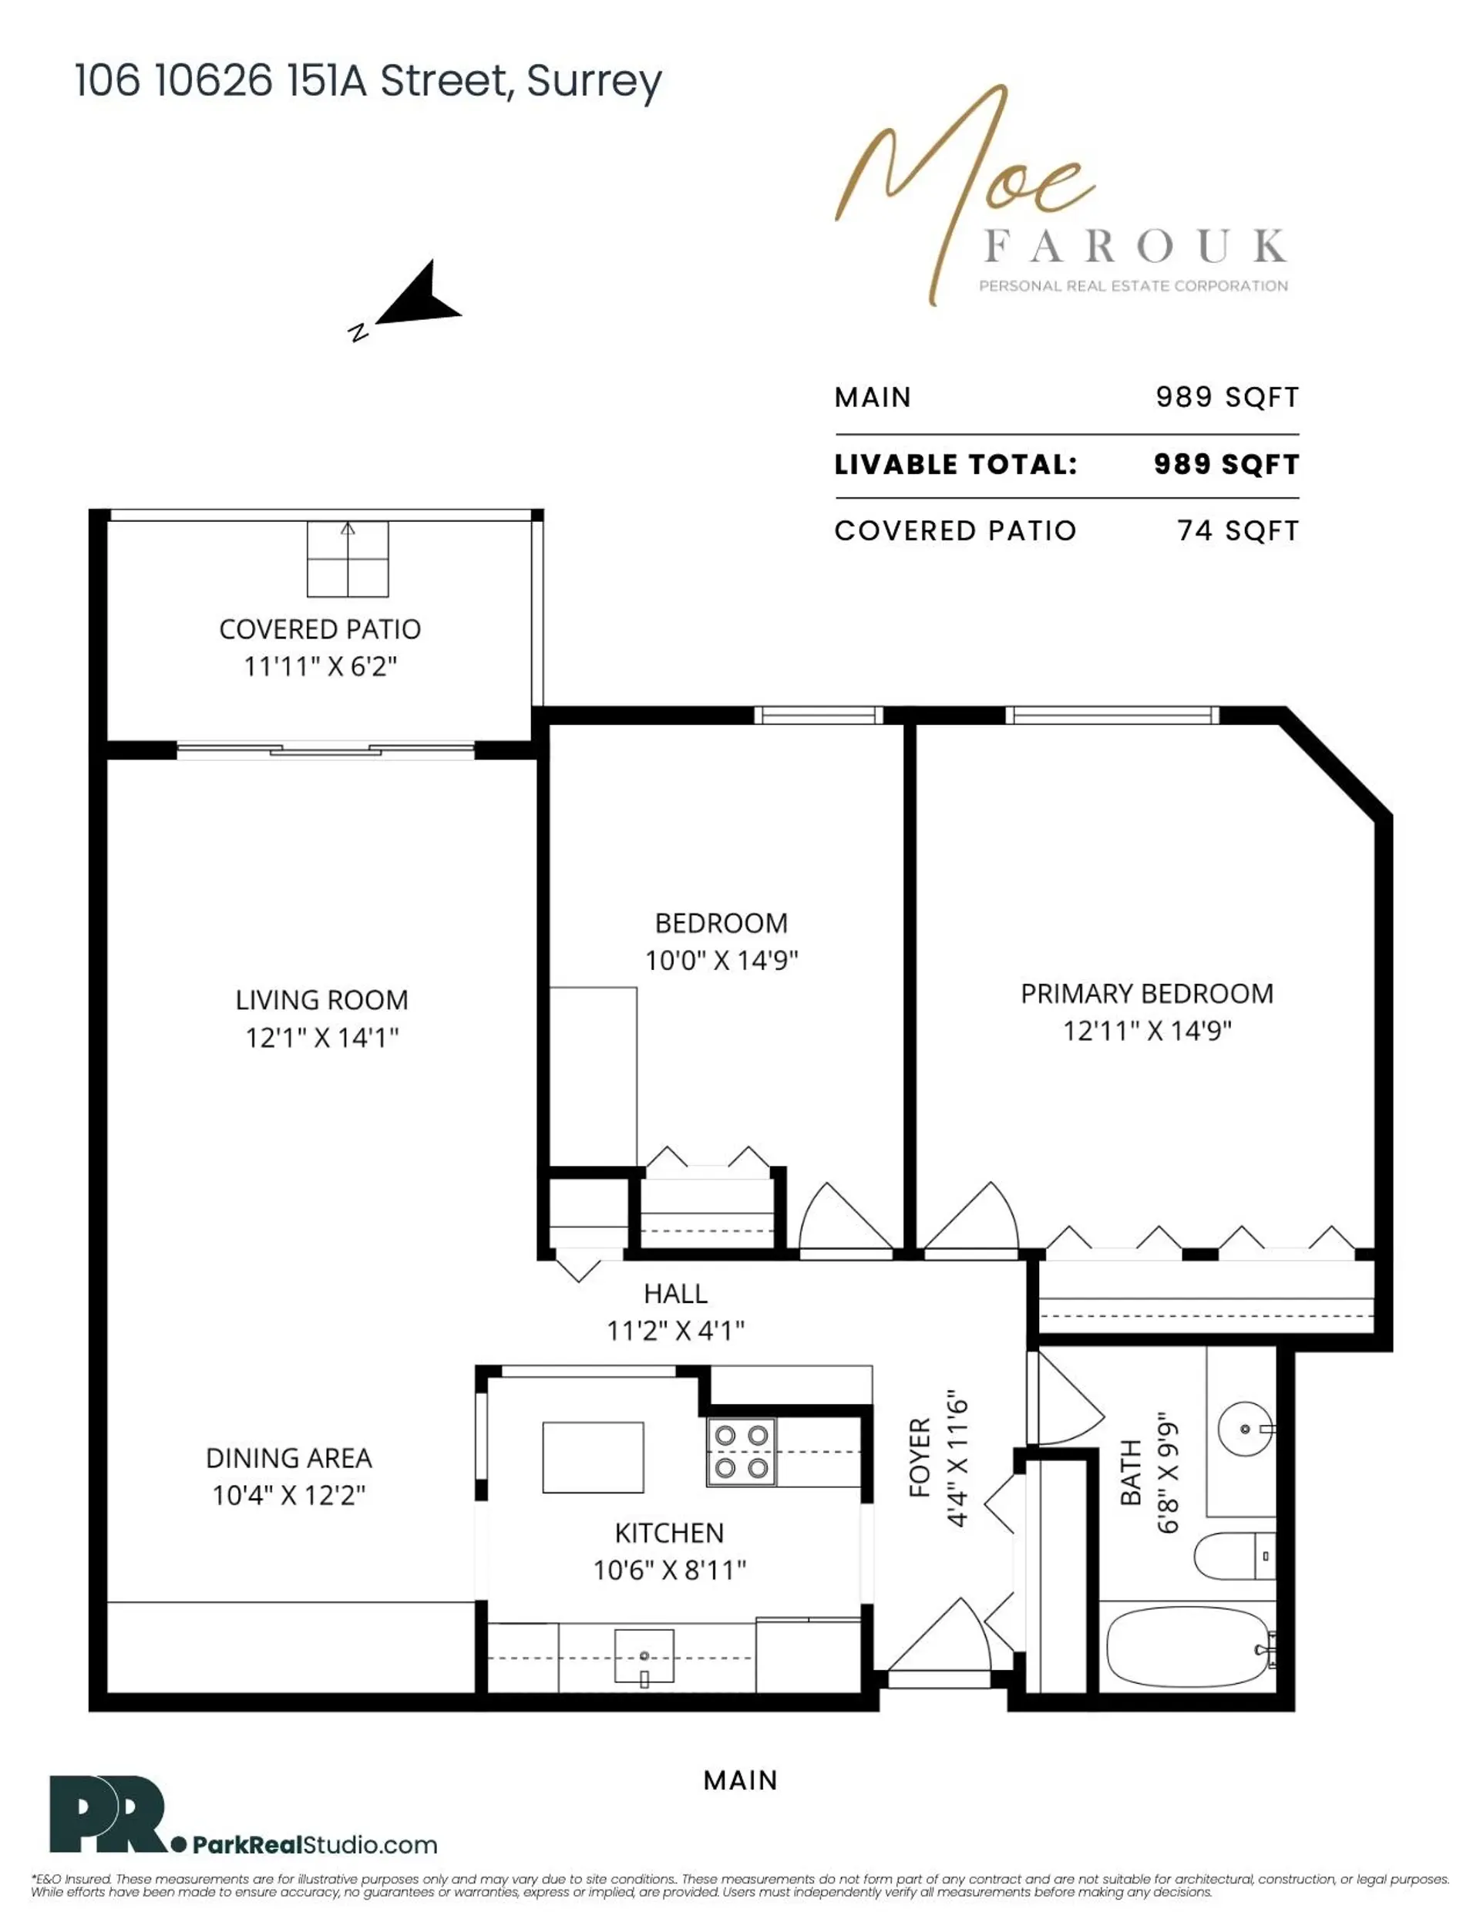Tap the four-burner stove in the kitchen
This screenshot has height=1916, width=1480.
click(742, 1452)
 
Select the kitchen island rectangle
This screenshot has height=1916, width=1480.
click(593, 1457)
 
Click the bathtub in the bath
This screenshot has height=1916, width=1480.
click(1187, 1648)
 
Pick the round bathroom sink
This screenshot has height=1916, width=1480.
click(1244, 1429)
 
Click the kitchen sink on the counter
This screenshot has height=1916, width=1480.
click(644, 1655)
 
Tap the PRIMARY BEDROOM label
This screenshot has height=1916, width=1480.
click(1145, 994)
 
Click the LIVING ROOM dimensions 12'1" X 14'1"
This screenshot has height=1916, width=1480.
click(322, 1038)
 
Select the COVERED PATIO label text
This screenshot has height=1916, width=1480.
click(319, 629)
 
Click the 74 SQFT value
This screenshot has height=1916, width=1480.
click(1237, 530)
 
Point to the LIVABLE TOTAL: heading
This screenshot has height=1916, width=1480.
click(955, 465)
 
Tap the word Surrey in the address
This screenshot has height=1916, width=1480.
click(594, 81)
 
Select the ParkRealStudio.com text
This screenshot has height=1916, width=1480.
click(314, 1844)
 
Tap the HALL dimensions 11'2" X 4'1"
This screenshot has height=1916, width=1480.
click(675, 1331)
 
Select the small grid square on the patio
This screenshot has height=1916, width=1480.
click(348, 559)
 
